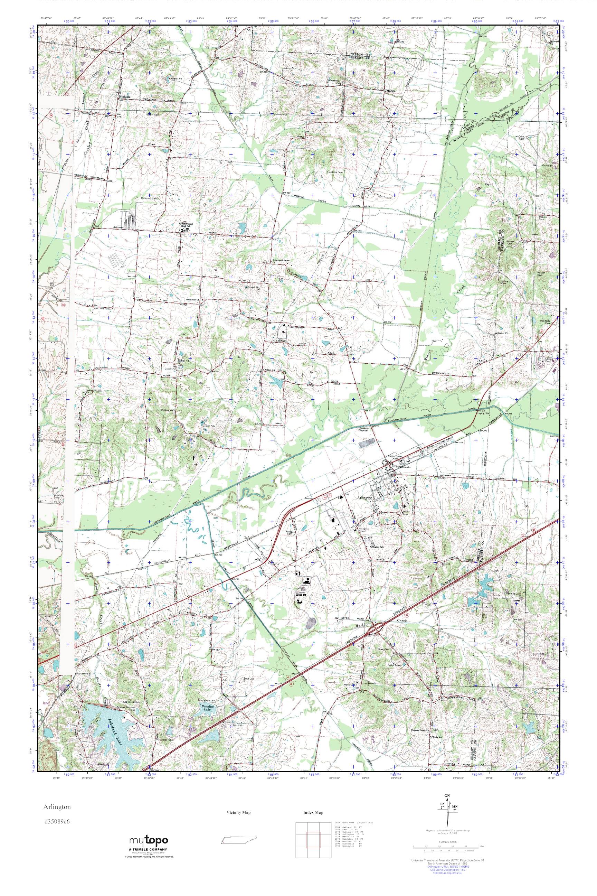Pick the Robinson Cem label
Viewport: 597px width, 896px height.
pos(149,198)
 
